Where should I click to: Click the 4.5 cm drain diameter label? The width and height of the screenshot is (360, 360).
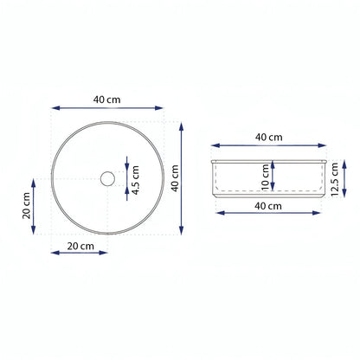[136, 180]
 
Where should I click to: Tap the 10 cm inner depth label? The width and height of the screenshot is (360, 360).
[265, 177]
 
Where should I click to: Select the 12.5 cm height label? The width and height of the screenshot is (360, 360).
[334, 179]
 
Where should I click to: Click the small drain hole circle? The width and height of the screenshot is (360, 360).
[108, 178]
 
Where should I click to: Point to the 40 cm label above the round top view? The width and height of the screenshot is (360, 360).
[106, 100]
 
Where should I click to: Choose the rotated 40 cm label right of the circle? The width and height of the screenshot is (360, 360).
[175, 178]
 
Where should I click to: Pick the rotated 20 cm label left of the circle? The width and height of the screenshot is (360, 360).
[26, 206]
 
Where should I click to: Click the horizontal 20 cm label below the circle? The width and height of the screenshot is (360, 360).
[80, 246]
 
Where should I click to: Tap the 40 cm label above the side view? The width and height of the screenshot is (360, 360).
[268, 138]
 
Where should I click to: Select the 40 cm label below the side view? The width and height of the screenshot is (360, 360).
[268, 206]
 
